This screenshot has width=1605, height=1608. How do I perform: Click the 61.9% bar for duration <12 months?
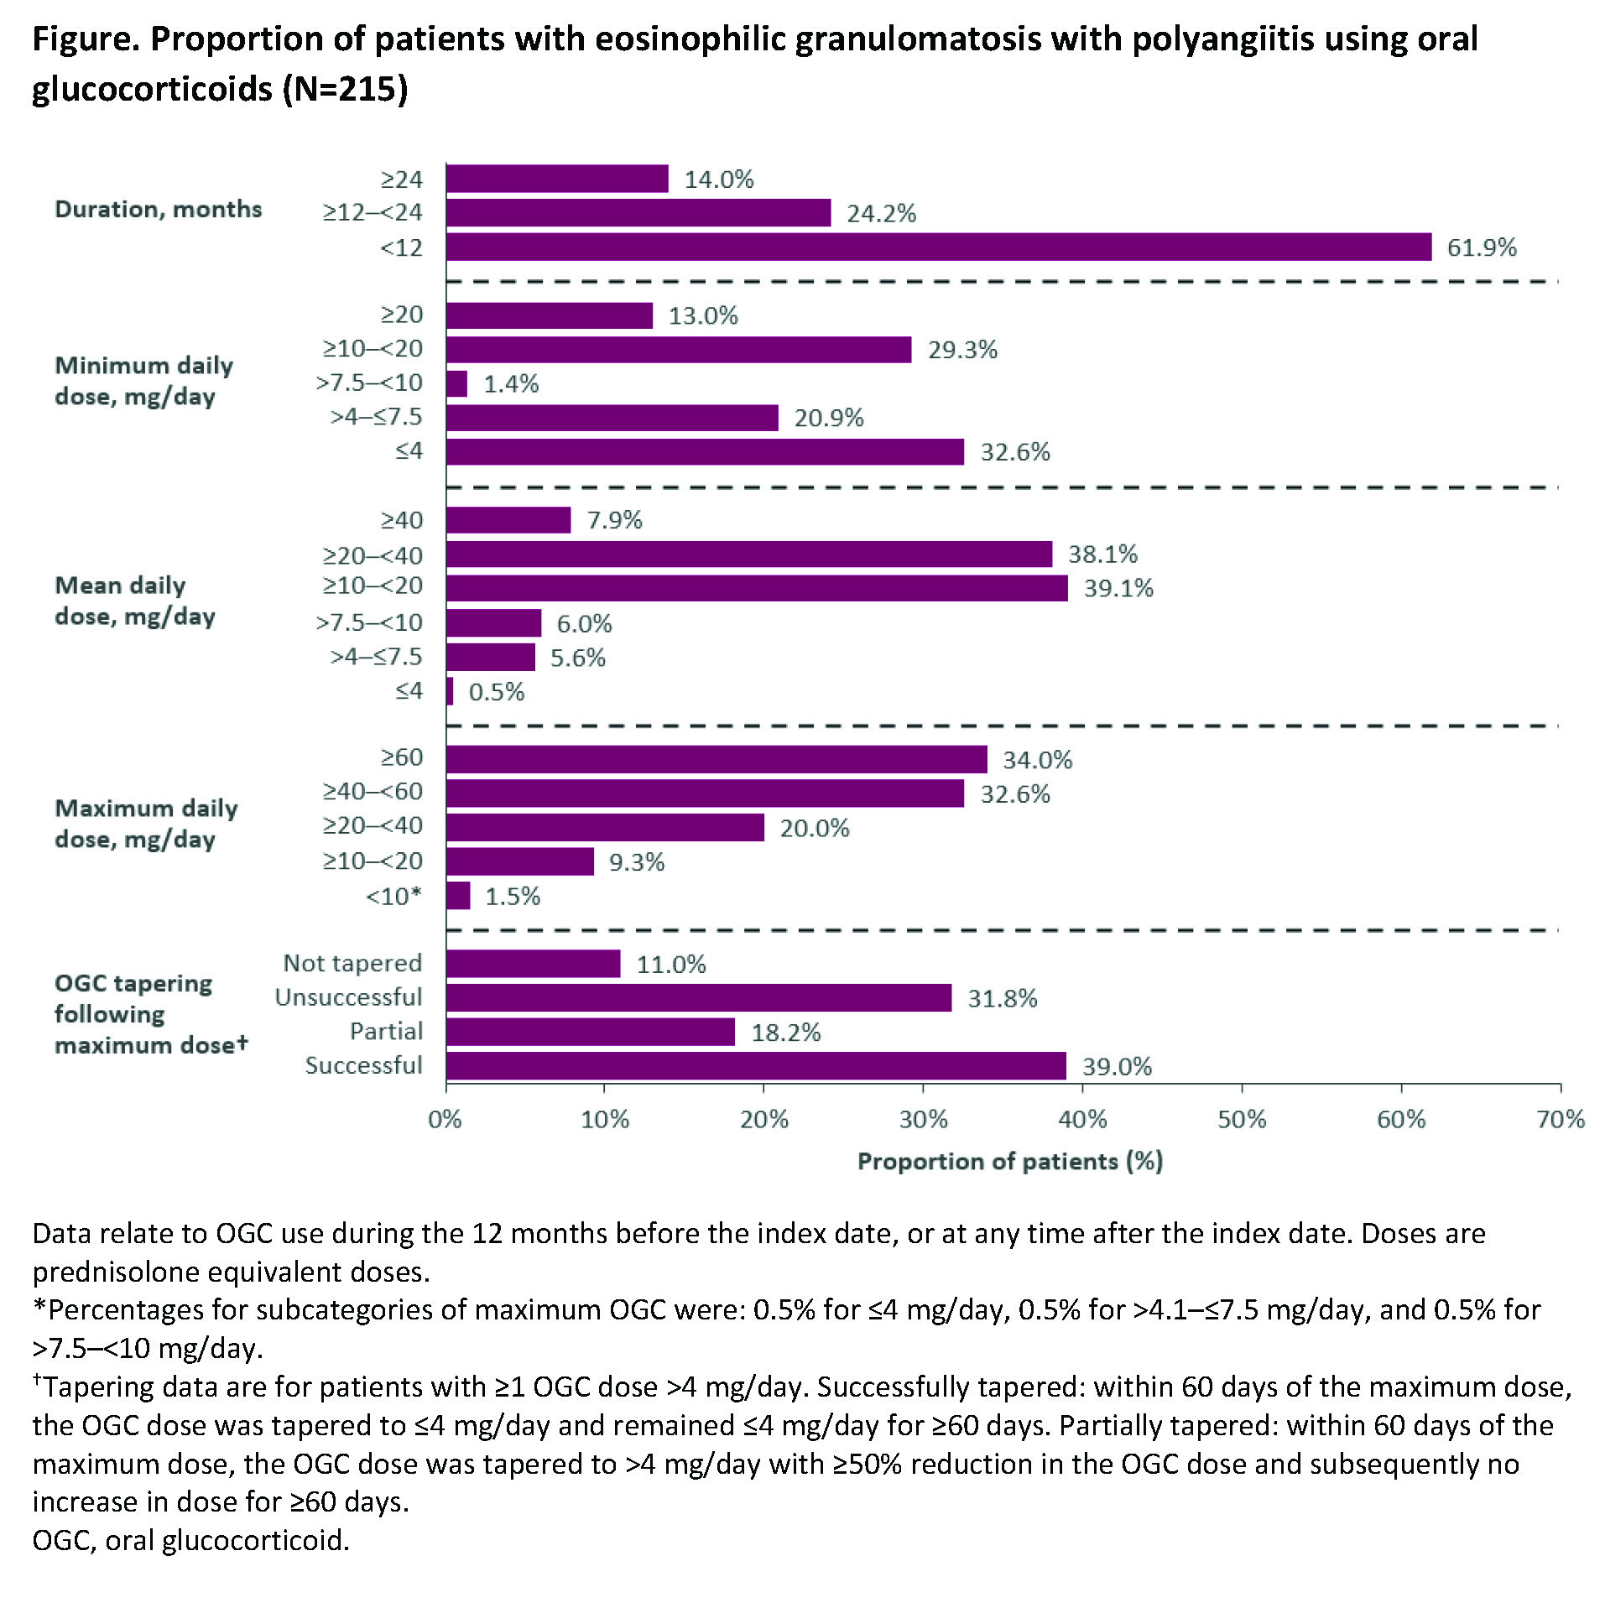click(938, 247)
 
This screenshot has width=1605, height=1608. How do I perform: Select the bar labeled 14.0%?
click(557, 179)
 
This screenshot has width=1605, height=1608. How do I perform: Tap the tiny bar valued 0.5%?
click(450, 691)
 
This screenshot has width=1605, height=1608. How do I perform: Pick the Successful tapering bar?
click(755, 1065)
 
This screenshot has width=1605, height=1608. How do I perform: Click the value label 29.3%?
click(962, 350)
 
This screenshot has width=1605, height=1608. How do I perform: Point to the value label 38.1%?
click(1102, 554)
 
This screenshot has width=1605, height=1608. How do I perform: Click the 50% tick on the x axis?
click(1242, 1119)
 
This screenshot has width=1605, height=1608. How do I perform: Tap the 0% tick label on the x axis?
click(445, 1119)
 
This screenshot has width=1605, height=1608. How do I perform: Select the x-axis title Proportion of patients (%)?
click(1009, 1161)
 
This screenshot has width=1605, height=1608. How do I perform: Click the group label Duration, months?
click(158, 209)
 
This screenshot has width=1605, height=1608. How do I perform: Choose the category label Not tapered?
click(352, 963)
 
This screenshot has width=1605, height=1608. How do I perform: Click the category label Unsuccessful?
click(348, 997)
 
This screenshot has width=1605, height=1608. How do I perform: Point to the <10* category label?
click(393, 896)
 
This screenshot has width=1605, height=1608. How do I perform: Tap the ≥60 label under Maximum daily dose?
click(402, 757)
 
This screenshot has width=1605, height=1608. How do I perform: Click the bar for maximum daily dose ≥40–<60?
click(705, 794)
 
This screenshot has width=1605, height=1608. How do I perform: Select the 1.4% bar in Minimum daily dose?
click(456, 383)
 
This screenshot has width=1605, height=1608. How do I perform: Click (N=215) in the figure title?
click(345, 88)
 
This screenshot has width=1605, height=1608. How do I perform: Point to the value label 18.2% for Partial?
click(785, 1033)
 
